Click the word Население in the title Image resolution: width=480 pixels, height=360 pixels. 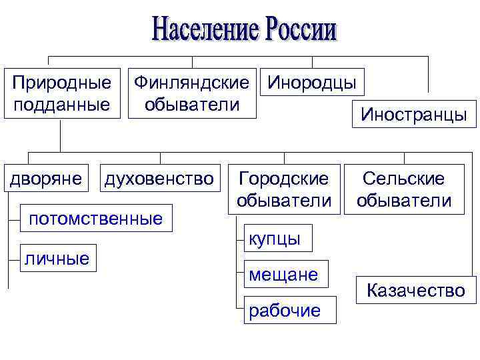tap(205, 29)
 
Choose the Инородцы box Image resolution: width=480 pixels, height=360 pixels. tap(312, 83)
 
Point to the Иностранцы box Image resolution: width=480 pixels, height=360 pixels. tap(414, 114)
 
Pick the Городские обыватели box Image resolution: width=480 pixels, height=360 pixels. tap(284, 189)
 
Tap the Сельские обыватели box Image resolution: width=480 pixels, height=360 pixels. tap(404, 189)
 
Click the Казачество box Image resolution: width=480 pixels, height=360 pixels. tap(416, 291)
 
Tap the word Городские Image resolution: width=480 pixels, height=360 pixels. tap(284, 179)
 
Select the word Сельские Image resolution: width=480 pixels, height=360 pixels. tap(404, 179)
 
